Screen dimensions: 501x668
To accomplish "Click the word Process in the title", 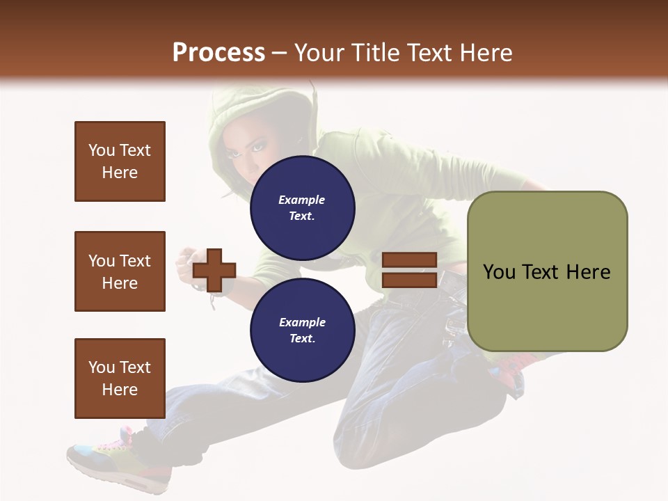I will (x=218, y=53).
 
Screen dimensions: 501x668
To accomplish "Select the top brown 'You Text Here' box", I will (x=120, y=161).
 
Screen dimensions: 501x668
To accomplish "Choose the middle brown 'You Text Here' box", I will (x=120, y=271).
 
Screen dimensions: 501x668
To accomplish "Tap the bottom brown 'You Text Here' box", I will (x=120, y=378).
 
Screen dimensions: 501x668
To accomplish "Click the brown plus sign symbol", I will (x=214, y=270).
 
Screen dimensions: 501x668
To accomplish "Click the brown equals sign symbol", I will (x=409, y=270).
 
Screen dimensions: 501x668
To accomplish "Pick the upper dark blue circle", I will (x=303, y=208).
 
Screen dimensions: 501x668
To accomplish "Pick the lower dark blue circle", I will (x=303, y=331).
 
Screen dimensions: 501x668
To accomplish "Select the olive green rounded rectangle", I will (x=547, y=271).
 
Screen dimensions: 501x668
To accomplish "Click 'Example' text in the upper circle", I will (x=302, y=200).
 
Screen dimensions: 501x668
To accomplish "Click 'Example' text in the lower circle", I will (x=302, y=322).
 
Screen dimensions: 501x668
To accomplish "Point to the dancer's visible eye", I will (x=259, y=148).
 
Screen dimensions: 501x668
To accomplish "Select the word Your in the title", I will (x=321, y=53).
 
